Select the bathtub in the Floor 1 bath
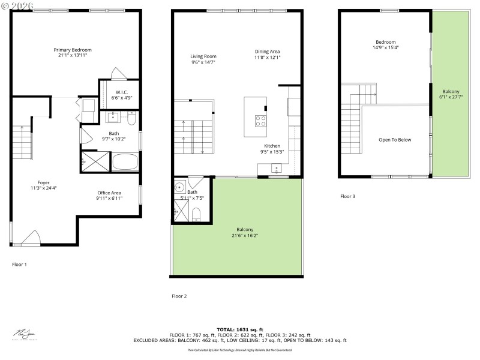click(125, 163)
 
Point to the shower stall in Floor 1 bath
click(91, 163)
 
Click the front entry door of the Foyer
click(31, 238)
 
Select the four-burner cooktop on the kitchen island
click(261, 121)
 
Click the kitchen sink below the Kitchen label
click(277, 169)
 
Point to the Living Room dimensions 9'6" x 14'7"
click(203, 62)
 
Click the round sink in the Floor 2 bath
click(179, 187)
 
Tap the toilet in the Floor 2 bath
click(196, 214)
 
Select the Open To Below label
click(395, 140)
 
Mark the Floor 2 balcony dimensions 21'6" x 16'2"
click(245, 235)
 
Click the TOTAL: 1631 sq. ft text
click(240, 329)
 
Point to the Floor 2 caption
click(179, 296)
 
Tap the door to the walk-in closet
click(118, 75)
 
